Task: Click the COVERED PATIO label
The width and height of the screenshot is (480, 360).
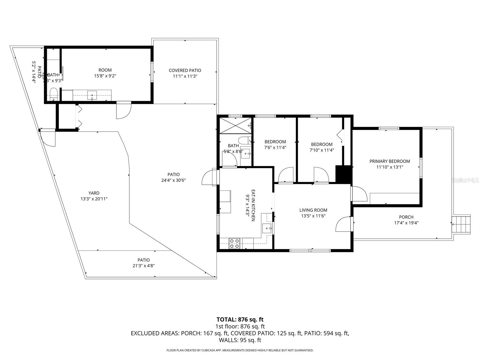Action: (185, 70)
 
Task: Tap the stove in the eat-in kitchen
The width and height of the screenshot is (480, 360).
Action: (234, 243)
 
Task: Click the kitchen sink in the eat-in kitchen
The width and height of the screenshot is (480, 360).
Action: (267, 228)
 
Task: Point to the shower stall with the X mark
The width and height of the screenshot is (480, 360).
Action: (235, 125)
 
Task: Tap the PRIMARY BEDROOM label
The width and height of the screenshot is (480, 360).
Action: (389, 161)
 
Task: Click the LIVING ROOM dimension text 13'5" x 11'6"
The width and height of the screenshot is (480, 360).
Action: (313, 216)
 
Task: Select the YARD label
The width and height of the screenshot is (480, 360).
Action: (94, 193)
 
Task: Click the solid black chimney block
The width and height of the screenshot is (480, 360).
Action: (343, 174)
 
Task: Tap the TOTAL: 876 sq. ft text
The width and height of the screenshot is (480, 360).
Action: (240, 319)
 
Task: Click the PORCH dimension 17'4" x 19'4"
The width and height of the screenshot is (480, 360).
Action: (406, 223)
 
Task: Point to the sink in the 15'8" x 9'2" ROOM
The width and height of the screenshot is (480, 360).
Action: (92, 95)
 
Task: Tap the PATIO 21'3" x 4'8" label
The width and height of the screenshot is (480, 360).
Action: (144, 263)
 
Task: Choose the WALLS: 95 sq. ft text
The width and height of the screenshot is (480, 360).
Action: (240, 340)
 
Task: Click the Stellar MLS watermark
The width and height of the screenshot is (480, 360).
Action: (465, 180)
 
